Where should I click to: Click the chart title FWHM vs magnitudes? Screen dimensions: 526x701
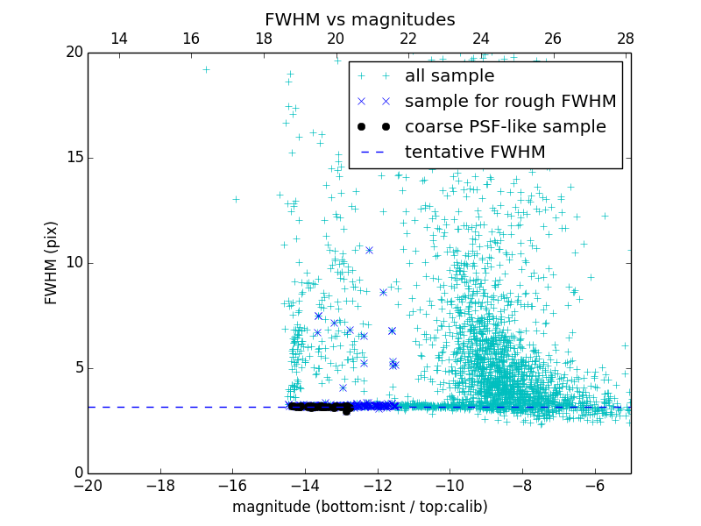359,20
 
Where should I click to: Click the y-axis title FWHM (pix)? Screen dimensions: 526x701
52,262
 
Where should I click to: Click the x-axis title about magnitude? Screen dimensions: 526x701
359,507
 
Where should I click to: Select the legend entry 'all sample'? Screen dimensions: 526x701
450,76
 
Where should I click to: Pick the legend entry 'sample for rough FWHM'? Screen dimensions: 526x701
510,102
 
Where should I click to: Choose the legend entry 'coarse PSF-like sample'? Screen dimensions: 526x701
505,127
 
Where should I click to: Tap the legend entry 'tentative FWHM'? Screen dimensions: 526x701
475,153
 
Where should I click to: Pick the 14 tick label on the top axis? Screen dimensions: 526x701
119,39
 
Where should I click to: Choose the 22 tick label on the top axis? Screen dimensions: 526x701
408,39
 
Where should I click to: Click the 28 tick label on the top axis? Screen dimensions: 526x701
626,39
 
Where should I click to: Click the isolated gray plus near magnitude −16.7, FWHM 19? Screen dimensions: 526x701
206,69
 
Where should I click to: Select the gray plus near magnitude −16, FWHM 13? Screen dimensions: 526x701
236,199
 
